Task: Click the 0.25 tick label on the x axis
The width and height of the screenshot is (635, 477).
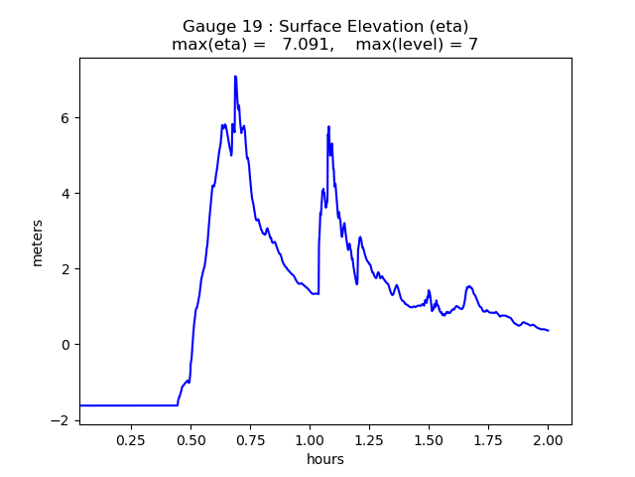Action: coord(131,440)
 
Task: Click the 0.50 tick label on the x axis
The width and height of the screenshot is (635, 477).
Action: coord(190,440)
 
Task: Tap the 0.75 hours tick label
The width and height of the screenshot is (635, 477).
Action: coord(250,440)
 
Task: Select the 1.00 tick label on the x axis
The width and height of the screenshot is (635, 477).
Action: coord(310,440)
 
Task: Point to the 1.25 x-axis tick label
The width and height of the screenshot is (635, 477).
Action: coord(369,440)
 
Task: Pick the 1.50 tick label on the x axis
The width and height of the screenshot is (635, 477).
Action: coord(429,440)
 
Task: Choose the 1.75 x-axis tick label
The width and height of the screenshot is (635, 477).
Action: coord(488,440)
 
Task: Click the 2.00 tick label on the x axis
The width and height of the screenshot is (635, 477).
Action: coord(548,440)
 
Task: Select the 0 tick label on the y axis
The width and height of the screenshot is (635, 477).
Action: coord(68,345)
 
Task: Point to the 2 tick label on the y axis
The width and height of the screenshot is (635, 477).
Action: coord(68,269)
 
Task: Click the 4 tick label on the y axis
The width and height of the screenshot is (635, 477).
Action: coord(68,194)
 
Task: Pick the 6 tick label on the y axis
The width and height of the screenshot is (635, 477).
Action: coord(68,118)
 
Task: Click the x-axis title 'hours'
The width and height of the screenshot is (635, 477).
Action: coord(325,459)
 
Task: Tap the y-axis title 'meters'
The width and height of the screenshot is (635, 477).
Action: coord(38,242)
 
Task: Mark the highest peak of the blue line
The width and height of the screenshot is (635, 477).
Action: coord(235,77)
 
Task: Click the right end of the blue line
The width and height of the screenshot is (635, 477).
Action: coord(548,330)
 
